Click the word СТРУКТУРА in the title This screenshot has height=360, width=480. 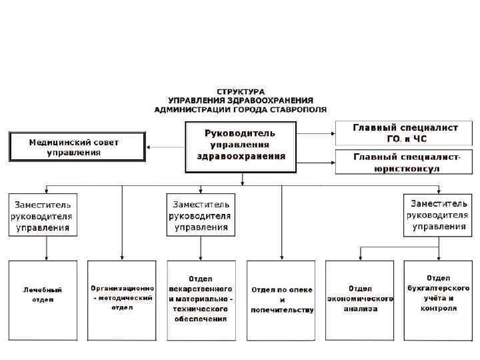(240, 91)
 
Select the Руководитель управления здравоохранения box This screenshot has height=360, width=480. (240, 145)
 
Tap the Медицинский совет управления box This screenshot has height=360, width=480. (77, 147)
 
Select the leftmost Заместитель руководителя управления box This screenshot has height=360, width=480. (43, 215)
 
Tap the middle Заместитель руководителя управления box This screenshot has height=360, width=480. (201, 215)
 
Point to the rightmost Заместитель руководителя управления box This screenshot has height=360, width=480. (437, 215)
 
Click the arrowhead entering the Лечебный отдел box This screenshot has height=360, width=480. (45, 257)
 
